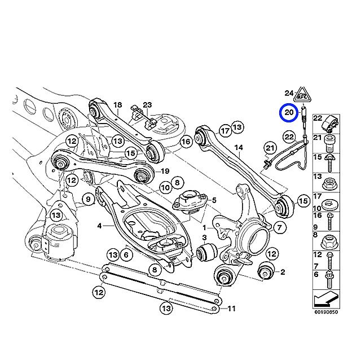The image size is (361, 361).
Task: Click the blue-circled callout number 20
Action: point(289,113)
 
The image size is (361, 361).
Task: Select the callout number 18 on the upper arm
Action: point(117,105)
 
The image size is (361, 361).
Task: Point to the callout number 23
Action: point(147,104)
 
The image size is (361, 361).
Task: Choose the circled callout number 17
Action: point(224,131)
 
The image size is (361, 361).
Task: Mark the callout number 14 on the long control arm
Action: point(239,148)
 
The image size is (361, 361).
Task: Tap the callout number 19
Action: point(166,171)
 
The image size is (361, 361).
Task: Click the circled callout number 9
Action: point(88,198)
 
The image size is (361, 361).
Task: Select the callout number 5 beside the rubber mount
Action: point(214,200)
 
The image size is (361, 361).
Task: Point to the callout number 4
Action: point(99,226)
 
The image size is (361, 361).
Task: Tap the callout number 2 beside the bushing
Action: point(283,272)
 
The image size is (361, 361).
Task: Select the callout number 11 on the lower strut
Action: point(231,309)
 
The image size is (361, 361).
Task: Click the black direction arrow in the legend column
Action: point(327,298)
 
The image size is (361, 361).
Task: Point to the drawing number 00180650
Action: point(326,311)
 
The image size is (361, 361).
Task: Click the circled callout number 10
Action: point(165,187)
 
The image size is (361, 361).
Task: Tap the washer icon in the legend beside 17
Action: point(331,202)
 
